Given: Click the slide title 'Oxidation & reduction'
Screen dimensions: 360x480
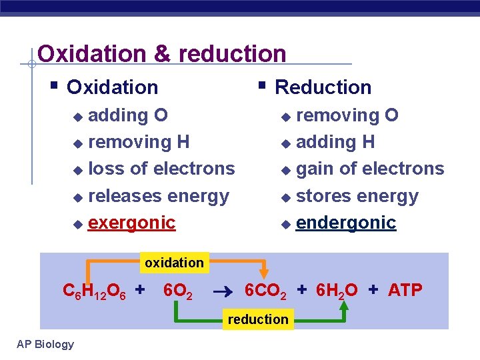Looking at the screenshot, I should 162,53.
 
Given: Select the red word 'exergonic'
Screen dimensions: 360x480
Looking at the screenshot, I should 131,223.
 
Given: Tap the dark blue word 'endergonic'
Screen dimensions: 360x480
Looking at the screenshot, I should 346,223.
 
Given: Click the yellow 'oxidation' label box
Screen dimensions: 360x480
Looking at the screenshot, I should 174,263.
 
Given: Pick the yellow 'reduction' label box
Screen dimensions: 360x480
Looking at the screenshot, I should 258,319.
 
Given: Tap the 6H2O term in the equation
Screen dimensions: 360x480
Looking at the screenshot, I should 336,291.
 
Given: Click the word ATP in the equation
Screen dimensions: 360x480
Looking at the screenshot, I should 405,291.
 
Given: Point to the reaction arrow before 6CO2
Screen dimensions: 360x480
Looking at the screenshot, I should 222,291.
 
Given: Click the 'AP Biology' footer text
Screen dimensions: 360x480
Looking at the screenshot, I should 45,344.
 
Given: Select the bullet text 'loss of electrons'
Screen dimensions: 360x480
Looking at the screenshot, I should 161,169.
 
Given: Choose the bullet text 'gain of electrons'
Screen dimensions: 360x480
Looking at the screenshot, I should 369,169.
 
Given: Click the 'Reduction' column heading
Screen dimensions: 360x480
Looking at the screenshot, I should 323,87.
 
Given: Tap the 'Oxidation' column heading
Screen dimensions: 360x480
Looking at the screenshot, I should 113,87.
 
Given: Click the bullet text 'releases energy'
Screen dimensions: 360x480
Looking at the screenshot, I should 158,196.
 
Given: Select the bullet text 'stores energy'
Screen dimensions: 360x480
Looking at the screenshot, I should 357,196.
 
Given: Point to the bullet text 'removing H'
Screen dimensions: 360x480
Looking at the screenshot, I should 139,142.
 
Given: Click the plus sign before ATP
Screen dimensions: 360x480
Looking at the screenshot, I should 373,290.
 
